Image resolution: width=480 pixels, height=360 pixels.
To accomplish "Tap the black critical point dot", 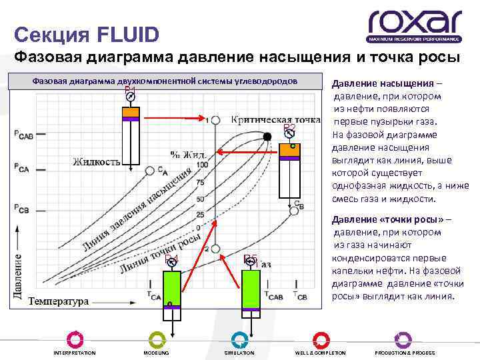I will coord(267,137).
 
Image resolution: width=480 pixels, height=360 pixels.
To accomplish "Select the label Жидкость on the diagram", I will coord(97,161).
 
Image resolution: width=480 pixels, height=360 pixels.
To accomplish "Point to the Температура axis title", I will coord(59,301).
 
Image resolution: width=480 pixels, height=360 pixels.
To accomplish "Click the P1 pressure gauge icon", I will coord(131,97).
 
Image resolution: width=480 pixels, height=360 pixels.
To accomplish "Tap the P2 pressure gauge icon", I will coord(290,133).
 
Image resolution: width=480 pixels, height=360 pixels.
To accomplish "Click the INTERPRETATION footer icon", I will coord(74,339).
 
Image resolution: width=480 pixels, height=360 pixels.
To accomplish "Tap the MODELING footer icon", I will coord(157,339).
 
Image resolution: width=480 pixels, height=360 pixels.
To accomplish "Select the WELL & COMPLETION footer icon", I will coord(321,339).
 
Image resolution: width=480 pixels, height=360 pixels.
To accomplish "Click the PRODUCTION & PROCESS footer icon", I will coord(403,339).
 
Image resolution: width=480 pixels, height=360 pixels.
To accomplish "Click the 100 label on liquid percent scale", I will coord(202,165).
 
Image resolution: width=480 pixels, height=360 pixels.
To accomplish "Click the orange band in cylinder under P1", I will coord(131,112).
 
